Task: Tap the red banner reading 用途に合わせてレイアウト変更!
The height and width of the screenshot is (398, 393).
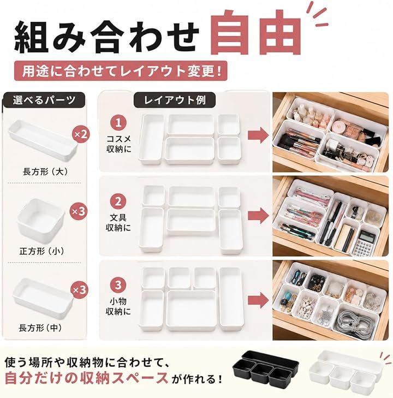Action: (121, 71)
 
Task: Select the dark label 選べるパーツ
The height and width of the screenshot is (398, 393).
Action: (44, 100)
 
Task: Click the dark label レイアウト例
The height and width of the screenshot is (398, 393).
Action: (175, 100)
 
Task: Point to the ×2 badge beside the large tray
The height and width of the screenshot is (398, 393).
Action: (80, 134)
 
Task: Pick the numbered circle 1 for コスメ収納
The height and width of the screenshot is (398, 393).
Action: (118, 123)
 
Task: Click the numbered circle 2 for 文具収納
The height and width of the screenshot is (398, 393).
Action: (118, 201)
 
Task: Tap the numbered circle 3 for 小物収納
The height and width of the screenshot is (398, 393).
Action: (118, 285)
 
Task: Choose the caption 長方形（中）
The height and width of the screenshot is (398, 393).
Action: (40, 328)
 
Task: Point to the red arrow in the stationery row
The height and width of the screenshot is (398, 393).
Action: (258, 216)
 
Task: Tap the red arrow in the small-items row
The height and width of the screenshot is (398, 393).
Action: (258, 300)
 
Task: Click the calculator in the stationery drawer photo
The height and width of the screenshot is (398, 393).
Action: (363, 243)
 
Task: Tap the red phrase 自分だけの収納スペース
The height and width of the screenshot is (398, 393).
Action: (87, 378)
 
